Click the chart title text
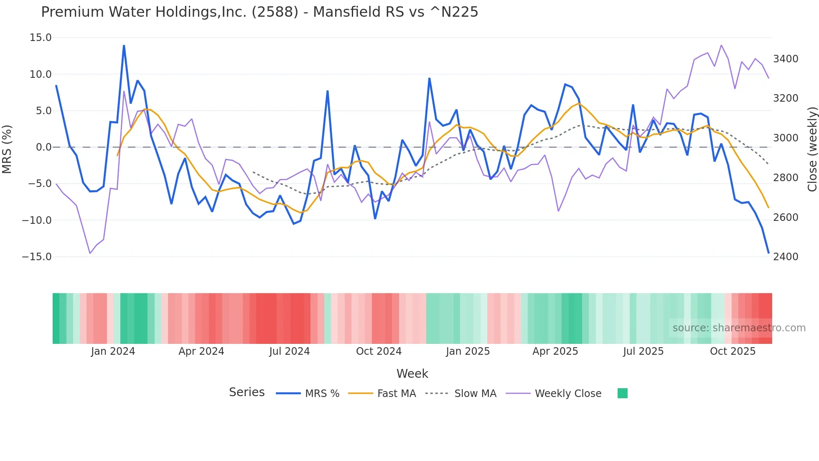click(259, 12)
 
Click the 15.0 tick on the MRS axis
click(41, 38)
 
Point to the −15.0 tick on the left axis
click(37, 257)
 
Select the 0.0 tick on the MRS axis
click(43, 147)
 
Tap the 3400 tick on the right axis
click(786, 59)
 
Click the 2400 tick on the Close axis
click(786, 257)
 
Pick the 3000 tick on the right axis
click(786, 138)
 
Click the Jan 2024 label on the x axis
click(113, 351)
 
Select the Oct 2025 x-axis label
click(733, 351)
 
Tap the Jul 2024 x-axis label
click(289, 351)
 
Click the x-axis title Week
click(412, 374)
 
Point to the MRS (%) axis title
click(7, 149)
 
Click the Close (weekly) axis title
click(812, 149)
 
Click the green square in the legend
click(622, 393)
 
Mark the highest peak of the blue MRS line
click(124, 46)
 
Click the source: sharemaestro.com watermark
click(739, 328)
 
